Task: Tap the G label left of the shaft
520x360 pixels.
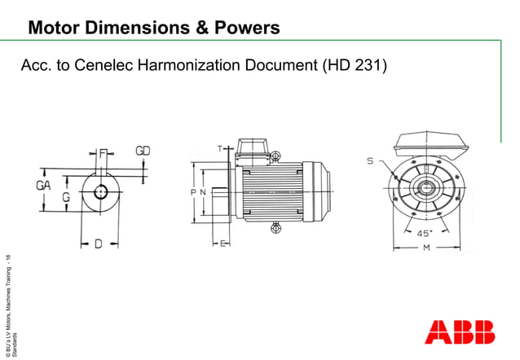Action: click(65, 197)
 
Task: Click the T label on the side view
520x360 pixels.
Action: click(218, 148)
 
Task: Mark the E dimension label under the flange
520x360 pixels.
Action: click(222, 244)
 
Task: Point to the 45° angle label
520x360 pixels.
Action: click(425, 233)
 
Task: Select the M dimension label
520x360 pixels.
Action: click(425, 248)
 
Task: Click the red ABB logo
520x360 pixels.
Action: click(460, 331)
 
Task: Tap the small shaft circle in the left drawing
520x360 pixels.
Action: click(99, 192)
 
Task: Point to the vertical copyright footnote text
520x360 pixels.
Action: click(7, 305)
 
